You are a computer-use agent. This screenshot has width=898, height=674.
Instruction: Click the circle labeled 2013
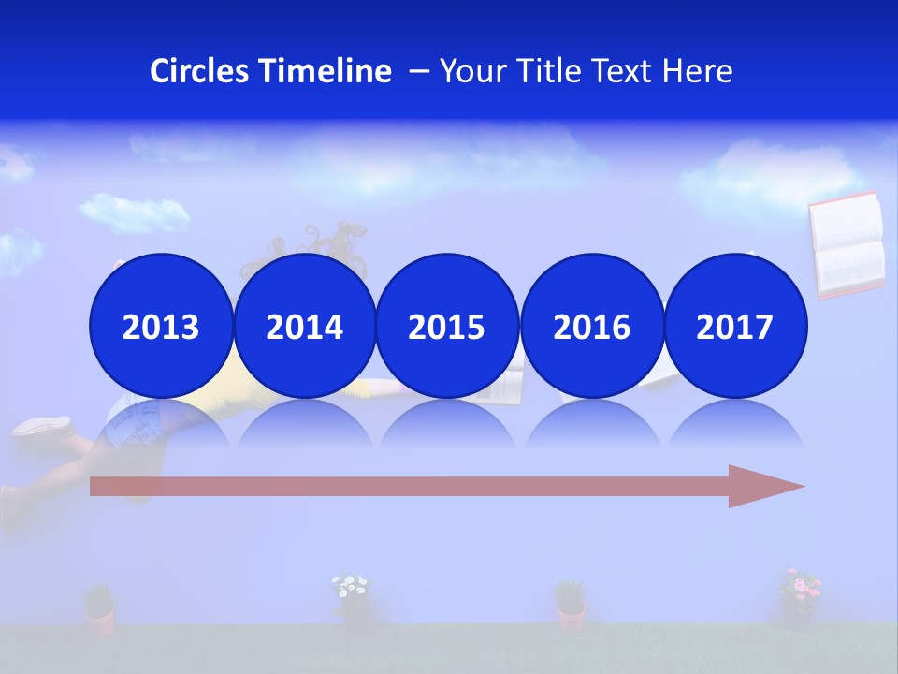[x=161, y=326]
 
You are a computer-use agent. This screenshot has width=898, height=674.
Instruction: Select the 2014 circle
[x=304, y=326]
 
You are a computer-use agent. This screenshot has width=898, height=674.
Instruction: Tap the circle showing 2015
[x=447, y=326]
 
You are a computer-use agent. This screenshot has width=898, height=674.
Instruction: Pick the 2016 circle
[x=591, y=326]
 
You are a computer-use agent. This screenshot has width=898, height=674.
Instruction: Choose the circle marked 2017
[x=734, y=326]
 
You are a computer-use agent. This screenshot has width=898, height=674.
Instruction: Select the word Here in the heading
[x=698, y=71]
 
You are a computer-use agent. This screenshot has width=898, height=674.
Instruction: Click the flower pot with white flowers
[x=352, y=599]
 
